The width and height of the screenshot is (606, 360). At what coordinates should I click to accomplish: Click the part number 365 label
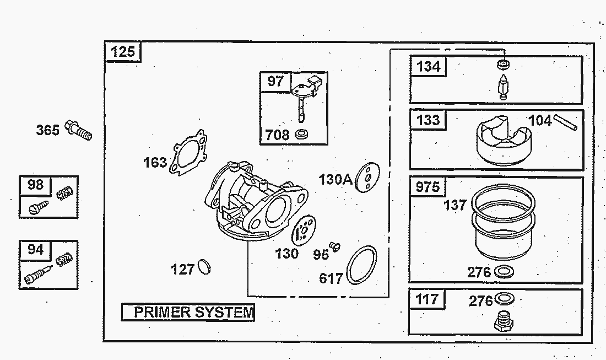(x=48, y=130)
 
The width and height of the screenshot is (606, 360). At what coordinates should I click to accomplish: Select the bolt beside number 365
(x=78, y=130)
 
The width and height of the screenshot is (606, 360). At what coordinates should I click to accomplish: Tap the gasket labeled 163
(x=188, y=152)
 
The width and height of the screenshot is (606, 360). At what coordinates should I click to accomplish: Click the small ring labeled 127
(x=204, y=267)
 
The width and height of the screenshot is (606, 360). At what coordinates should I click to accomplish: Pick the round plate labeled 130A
(x=367, y=178)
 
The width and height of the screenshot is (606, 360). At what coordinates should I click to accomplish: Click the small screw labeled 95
(x=335, y=246)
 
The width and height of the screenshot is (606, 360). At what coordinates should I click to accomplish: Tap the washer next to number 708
(x=301, y=134)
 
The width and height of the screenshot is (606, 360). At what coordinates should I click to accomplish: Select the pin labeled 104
(x=565, y=122)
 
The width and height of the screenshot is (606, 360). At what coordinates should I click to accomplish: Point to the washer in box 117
(x=504, y=299)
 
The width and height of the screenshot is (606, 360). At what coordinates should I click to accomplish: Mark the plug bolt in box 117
(x=504, y=321)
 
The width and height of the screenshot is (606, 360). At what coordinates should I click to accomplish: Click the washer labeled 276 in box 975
(x=504, y=272)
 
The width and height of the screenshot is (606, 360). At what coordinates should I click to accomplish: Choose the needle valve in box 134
(x=503, y=88)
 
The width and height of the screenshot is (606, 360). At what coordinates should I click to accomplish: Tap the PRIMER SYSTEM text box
(x=188, y=312)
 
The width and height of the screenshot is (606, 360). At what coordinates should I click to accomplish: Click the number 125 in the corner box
(x=123, y=51)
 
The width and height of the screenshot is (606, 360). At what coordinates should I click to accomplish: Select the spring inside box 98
(x=65, y=192)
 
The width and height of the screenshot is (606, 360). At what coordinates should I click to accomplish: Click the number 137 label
(x=455, y=205)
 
